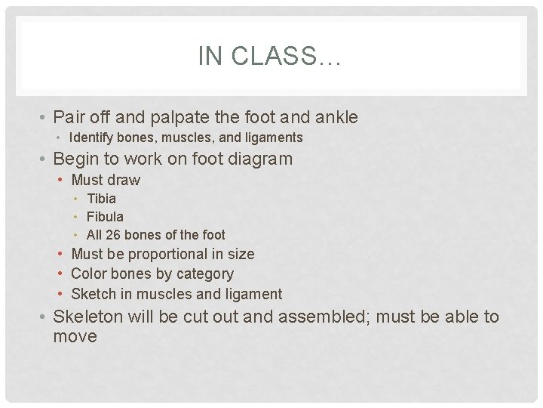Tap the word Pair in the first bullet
coord(70,117)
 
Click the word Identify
coord(94,138)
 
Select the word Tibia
coord(102,199)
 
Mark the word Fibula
coord(106,217)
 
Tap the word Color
coord(88,274)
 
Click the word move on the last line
coord(75,336)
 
